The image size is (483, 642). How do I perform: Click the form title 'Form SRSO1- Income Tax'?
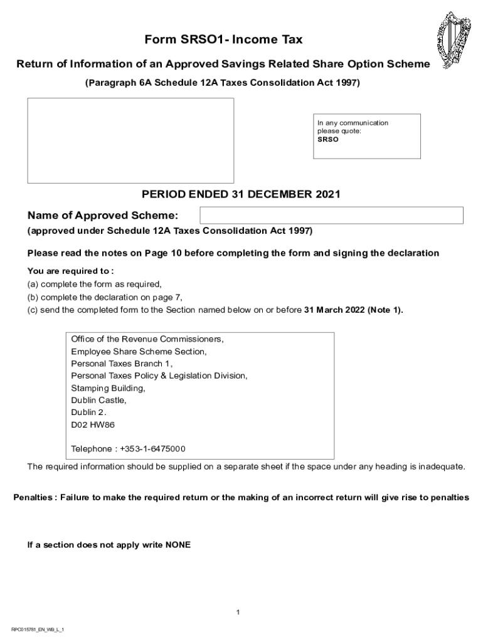pos(223,40)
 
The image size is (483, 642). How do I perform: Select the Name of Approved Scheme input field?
pos(331,215)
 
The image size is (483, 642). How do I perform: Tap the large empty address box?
pos(130,140)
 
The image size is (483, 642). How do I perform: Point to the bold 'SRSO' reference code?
pos(327,140)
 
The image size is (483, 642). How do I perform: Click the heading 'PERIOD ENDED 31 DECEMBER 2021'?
pos(241,194)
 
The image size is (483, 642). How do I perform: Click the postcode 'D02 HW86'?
pos(93,424)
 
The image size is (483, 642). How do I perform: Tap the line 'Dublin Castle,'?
pos(98,400)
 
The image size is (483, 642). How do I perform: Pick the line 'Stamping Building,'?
pos(108,388)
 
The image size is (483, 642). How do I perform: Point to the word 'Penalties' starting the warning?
pos(33,497)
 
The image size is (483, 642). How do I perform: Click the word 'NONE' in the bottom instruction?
pos(178,545)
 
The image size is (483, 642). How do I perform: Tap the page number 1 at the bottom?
pos(238,612)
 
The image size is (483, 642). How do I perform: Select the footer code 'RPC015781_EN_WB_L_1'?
pos(38,629)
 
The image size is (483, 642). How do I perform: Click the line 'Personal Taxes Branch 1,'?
pos(121,364)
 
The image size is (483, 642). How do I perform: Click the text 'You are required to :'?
pos(70,271)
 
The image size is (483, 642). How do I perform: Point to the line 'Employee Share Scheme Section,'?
pos(139,352)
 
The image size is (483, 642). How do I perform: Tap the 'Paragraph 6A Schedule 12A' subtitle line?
pos(223,83)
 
